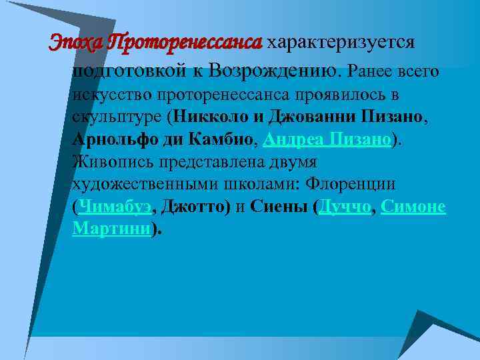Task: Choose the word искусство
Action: point(113,96)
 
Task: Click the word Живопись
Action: point(113,163)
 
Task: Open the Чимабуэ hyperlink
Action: point(115,207)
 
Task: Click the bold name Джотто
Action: point(195,207)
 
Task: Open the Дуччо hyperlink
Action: point(345,207)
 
